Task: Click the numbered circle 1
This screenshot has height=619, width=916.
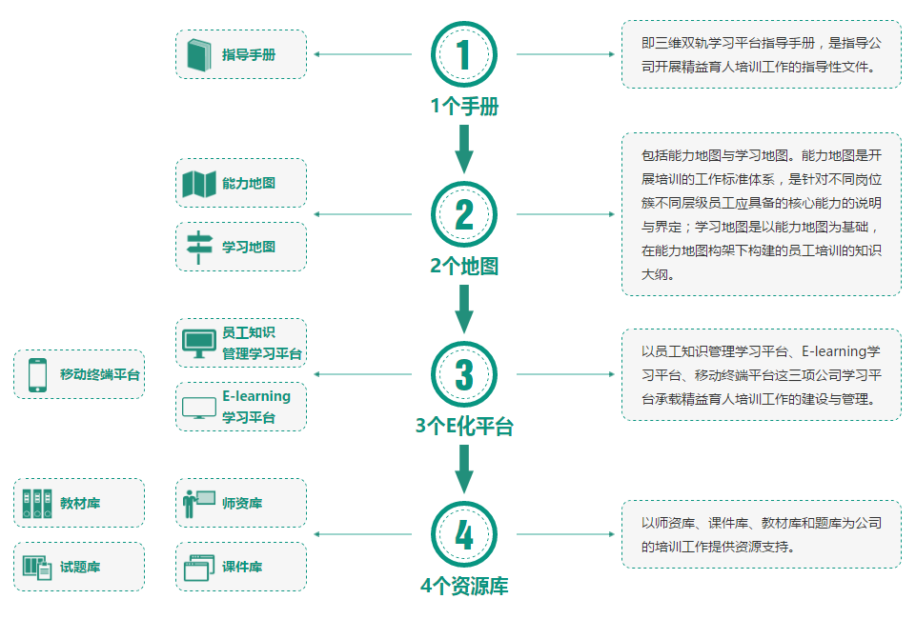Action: (x=464, y=54)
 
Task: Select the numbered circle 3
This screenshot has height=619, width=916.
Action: (x=464, y=374)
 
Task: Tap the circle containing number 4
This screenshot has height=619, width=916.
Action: (x=464, y=534)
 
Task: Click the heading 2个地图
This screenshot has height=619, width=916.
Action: (x=464, y=266)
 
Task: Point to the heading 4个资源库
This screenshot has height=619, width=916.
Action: (x=464, y=586)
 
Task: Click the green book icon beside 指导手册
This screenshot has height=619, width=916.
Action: (x=199, y=55)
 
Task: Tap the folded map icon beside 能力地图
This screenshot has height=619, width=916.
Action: (x=199, y=184)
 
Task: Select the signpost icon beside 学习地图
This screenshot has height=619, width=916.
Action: (x=199, y=248)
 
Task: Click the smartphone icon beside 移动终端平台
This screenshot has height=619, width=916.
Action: (x=37, y=374)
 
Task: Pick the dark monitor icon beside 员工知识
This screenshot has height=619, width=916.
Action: (x=199, y=344)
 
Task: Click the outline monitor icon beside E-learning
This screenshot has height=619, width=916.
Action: (x=199, y=409)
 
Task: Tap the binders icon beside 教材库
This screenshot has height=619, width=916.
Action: (x=37, y=504)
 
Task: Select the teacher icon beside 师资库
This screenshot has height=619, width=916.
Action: (x=198, y=504)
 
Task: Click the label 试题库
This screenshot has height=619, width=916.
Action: (x=80, y=567)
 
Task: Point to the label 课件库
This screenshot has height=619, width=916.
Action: (x=242, y=567)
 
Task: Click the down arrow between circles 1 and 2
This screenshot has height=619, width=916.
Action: (x=464, y=150)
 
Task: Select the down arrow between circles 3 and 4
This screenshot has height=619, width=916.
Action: (x=464, y=469)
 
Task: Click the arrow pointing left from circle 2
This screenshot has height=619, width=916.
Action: (x=363, y=214)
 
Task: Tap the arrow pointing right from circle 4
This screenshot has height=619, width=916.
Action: (x=565, y=534)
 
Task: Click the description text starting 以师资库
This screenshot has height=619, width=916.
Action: (x=762, y=534)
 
